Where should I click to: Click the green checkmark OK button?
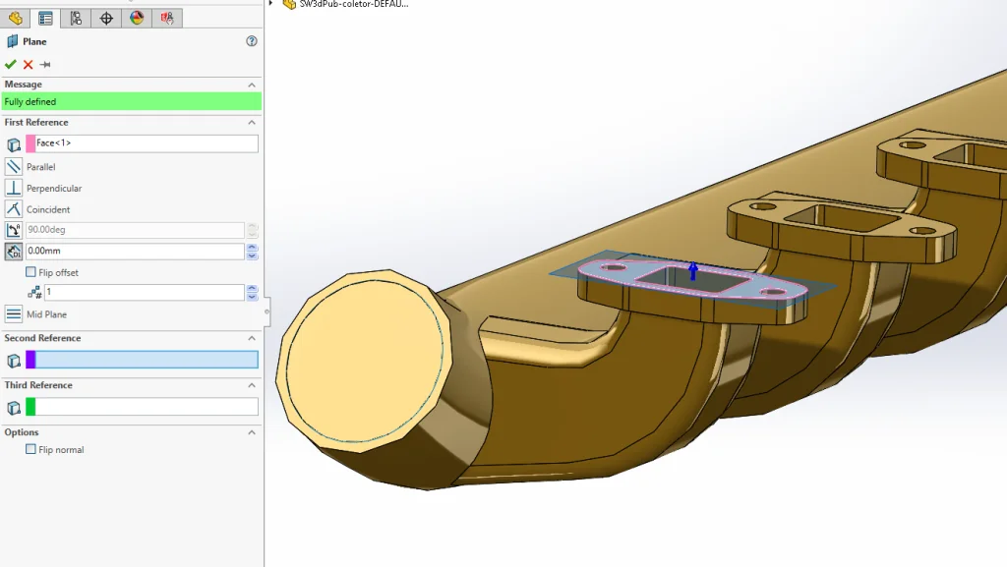pos(11,65)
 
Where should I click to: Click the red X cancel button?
pos(28,65)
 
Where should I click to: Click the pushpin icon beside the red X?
pos(45,65)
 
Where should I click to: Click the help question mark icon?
pos(252,41)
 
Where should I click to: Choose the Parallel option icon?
pos(14,167)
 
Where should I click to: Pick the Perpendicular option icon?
pos(14,188)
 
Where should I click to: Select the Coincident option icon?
pos(14,209)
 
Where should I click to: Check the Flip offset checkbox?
pos(30,272)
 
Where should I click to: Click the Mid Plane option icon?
pos(14,314)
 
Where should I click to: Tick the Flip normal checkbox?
pos(30,450)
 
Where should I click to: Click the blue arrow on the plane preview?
pos(693,271)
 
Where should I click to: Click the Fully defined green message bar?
pos(131,101)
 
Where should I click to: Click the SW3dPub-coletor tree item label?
pos(353,4)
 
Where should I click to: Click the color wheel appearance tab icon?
pos(137,18)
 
